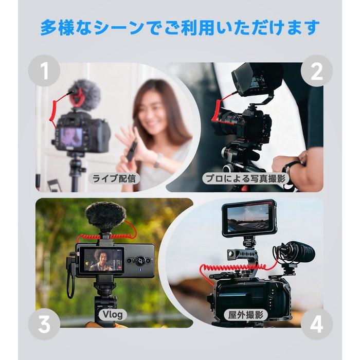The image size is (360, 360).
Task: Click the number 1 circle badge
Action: [x=44, y=71]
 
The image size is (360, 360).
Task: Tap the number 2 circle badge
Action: [x=317, y=71]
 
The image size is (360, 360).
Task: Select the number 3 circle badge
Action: [x=44, y=324]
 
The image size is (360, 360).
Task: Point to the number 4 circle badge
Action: [x=317, y=324]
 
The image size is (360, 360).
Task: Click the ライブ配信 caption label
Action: [x=114, y=178]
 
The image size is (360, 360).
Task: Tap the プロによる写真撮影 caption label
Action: [x=245, y=178]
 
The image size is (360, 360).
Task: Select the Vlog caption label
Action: [x=113, y=314]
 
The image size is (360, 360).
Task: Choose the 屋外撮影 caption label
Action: [x=245, y=315]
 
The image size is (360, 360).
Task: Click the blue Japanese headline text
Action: [x=180, y=28]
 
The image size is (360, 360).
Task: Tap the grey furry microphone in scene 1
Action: [x=84, y=94]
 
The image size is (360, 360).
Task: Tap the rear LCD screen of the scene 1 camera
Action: [x=71, y=138]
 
